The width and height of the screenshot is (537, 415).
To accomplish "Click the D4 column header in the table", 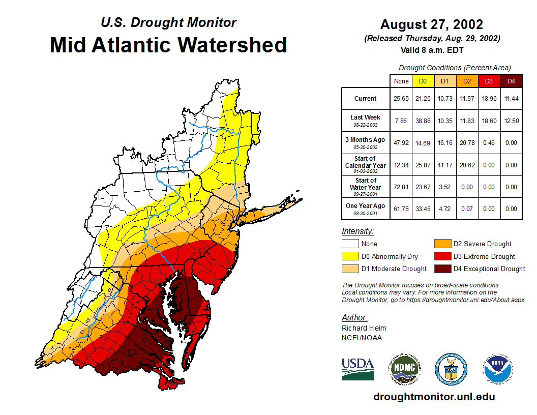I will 512,81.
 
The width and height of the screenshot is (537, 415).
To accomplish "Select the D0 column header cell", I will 423,81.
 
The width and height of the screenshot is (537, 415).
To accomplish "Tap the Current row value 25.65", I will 401,99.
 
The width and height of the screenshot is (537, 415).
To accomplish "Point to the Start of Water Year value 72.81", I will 401,187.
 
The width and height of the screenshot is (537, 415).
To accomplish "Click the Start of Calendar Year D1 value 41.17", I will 445,165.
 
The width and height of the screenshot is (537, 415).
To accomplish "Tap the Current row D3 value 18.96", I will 490,99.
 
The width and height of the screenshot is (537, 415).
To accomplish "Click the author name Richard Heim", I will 364,328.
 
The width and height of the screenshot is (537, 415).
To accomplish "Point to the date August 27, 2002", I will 432,24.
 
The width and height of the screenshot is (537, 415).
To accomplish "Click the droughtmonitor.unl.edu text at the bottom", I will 434,397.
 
